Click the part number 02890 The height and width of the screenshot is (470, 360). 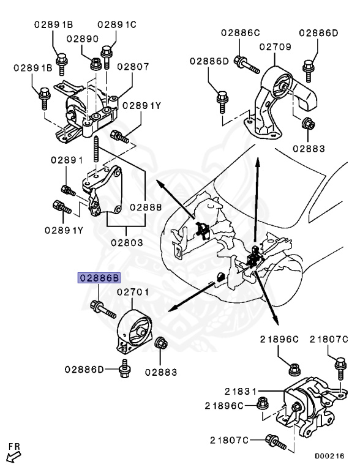pos(83,39)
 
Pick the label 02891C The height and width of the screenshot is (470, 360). pos(116,24)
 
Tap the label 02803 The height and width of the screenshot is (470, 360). pos(127,242)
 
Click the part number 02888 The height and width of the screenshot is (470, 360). pos(145,207)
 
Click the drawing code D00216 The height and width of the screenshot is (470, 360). pos(329,456)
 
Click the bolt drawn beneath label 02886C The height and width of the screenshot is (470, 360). pos(242,62)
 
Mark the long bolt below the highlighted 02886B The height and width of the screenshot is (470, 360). pos(103,309)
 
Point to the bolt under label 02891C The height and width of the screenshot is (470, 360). pos(108,56)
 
